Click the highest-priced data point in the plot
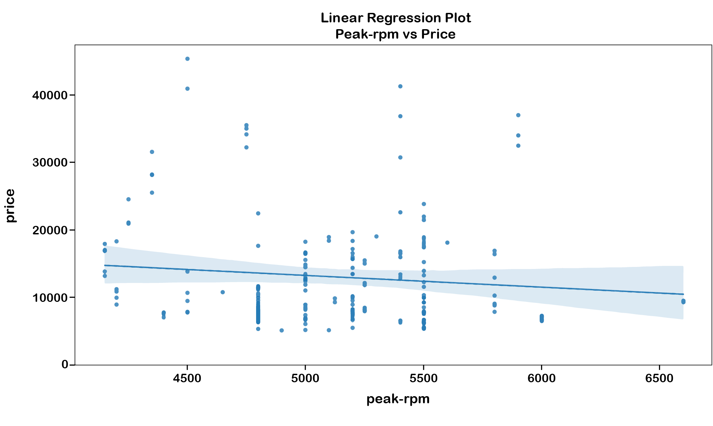click(187, 59)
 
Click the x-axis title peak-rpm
click(398, 399)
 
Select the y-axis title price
click(11, 206)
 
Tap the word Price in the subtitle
click(438, 34)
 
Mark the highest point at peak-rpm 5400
click(400, 86)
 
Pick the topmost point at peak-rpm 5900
click(518, 115)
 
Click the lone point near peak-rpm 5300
click(376, 236)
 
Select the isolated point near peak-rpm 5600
click(447, 243)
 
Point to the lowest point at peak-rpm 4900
click(282, 330)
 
